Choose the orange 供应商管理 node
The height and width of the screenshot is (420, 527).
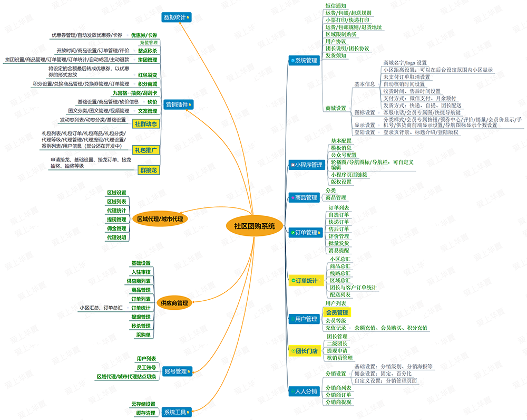[175, 303]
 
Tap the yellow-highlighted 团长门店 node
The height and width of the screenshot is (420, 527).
[306, 350]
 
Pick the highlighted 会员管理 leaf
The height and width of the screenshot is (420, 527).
[337, 312]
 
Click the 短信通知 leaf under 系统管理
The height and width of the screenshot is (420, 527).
[336, 5]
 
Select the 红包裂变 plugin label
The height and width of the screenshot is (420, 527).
[147, 75]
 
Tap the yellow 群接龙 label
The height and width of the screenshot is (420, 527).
[148, 170]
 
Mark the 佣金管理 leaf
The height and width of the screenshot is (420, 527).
[116, 228]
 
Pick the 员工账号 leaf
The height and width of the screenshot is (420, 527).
[146, 367]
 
